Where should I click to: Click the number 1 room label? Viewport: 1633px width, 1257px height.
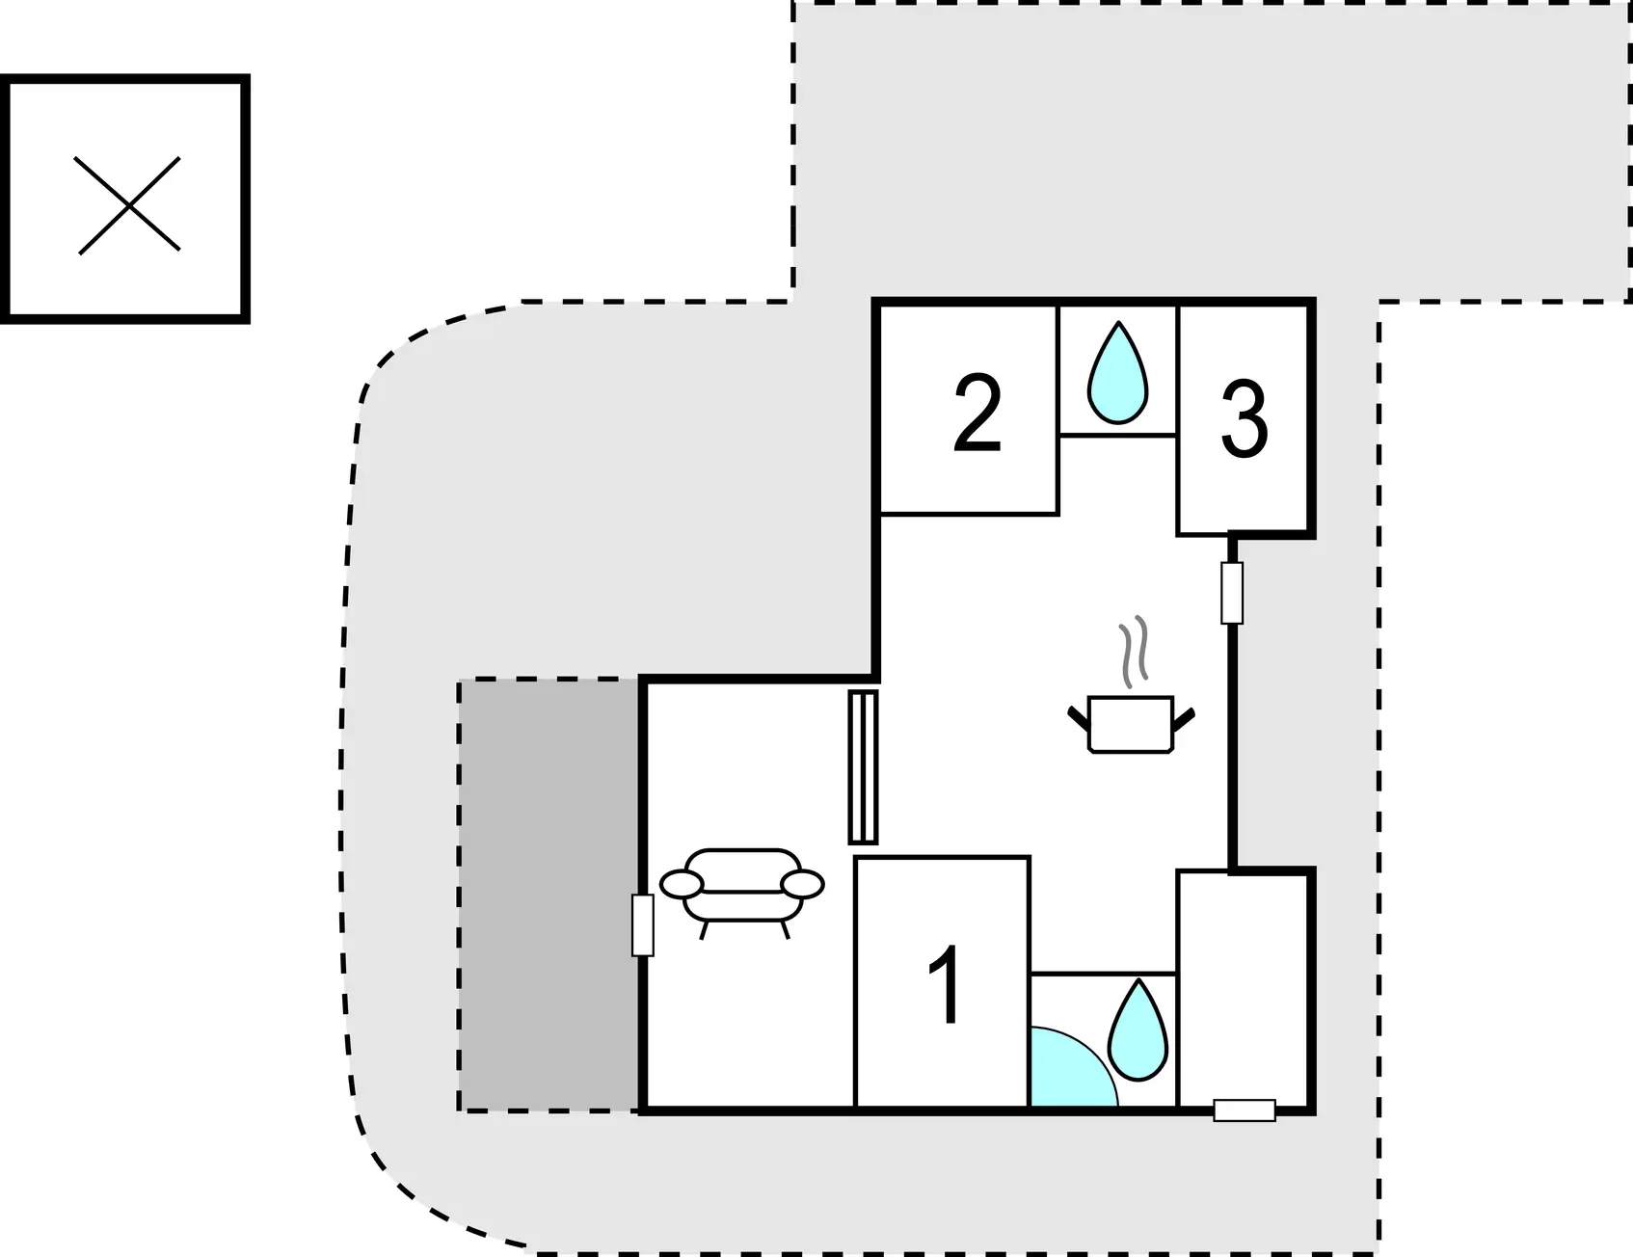[946, 985]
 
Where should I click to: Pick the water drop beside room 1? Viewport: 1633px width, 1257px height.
[1138, 1030]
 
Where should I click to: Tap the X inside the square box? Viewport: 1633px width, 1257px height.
[128, 205]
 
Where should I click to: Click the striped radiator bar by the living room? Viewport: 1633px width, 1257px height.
[863, 767]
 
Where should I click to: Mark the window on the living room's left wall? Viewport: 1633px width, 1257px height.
[643, 925]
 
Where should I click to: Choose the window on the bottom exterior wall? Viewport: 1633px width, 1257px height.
[1245, 1110]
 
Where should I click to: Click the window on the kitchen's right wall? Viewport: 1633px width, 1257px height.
[1232, 593]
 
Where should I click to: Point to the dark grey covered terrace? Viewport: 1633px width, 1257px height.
[549, 896]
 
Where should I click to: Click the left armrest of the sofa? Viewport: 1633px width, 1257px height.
[681, 884]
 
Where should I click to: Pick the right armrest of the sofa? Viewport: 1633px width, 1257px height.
[802, 884]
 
